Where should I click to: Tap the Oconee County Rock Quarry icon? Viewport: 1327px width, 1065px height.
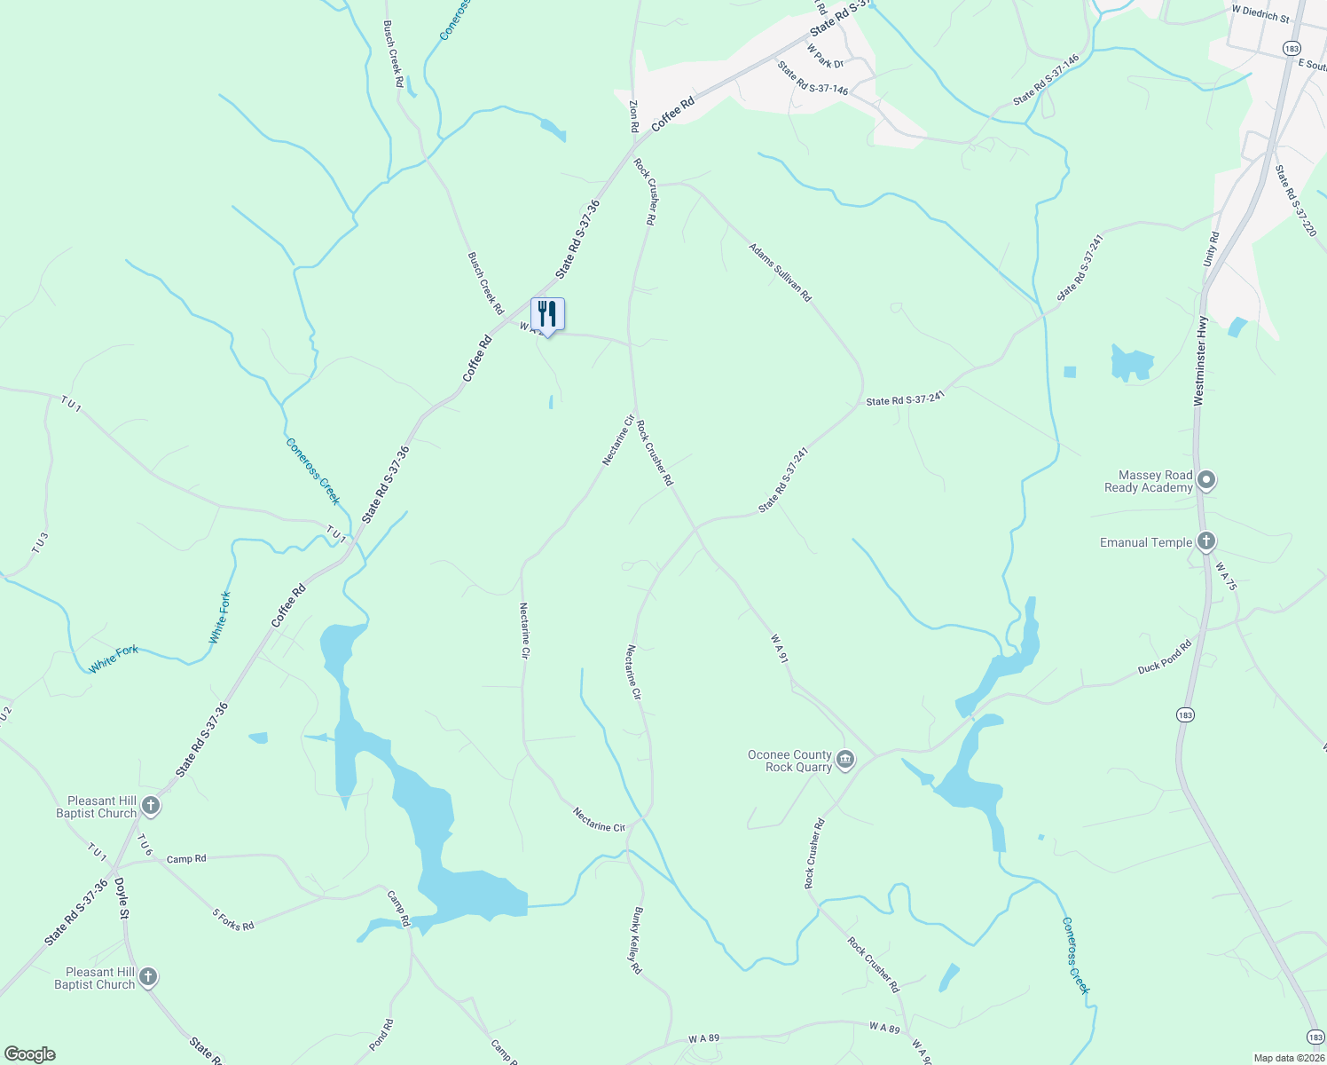[845, 760]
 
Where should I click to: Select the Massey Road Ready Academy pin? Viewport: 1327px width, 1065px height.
[1205, 481]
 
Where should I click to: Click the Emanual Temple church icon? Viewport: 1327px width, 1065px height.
[1205, 541]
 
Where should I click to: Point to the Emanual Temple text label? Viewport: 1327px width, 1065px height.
[1145, 542]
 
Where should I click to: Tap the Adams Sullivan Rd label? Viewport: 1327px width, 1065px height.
[780, 272]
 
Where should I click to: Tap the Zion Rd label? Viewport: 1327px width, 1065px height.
[634, 116]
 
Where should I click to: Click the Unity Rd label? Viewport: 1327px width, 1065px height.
[1212, 249]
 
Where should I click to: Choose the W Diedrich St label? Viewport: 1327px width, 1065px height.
[1260, 12]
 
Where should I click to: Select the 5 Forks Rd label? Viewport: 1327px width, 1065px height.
[233, 919]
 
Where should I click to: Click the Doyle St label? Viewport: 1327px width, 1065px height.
[122, 900]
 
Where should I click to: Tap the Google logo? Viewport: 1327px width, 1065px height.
[29, 1054]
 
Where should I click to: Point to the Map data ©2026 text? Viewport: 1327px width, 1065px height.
[1287, 1058]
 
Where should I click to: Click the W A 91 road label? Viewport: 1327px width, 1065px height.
[780, 649]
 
